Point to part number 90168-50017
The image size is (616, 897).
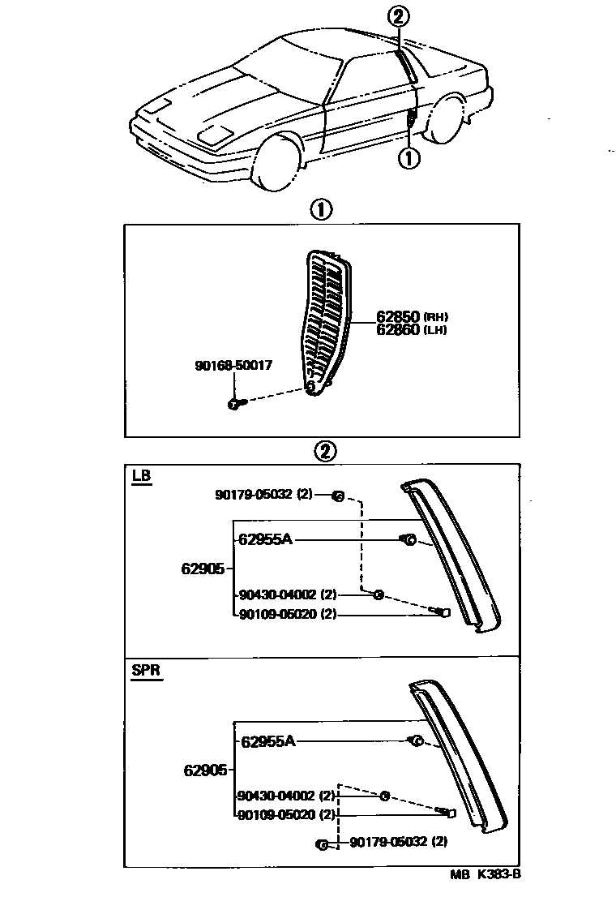point(233,366)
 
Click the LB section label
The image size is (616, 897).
point(141,476)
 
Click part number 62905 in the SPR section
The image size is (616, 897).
point(206,770)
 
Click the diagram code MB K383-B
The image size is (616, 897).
point(486,875)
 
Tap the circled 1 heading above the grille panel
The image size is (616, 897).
point(320,209)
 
